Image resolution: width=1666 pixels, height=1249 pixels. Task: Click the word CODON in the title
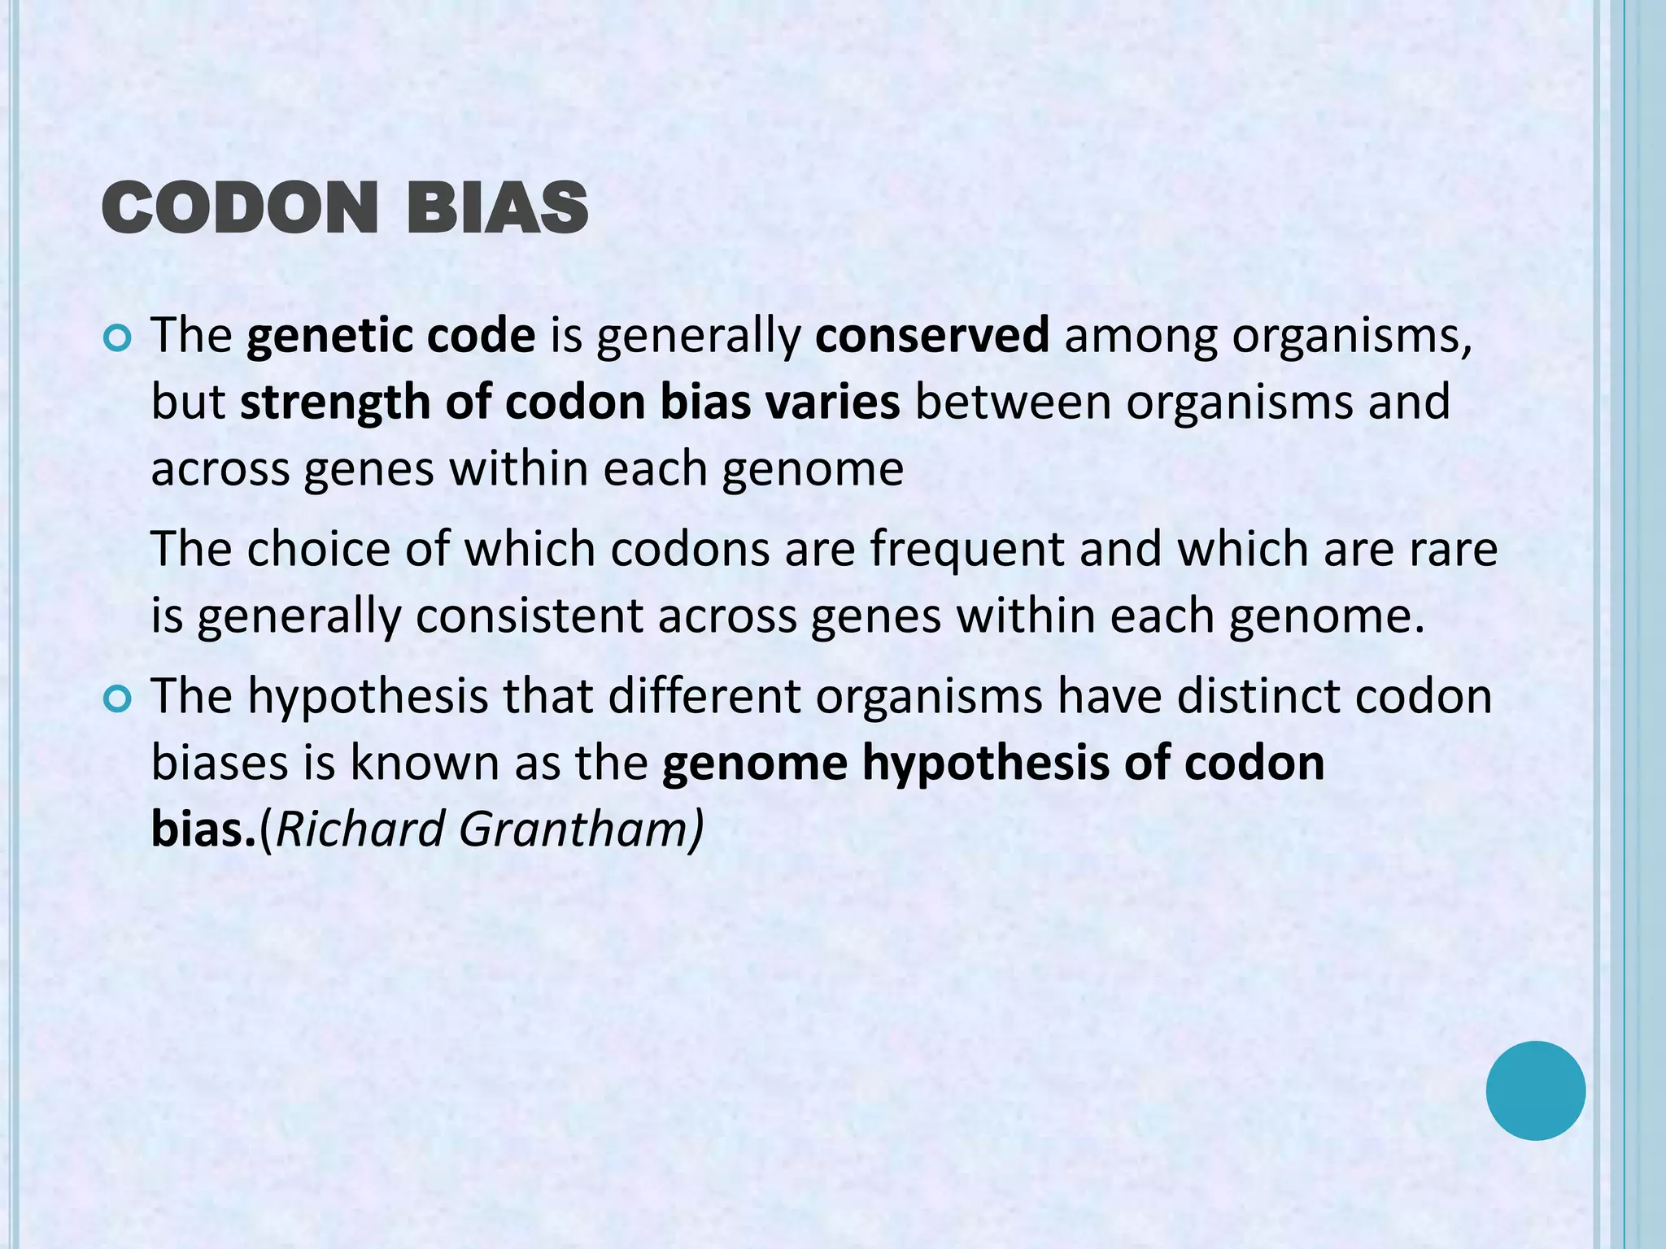tap(240, 208)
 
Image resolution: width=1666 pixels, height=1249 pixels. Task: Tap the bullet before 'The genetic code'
tap(118, 338)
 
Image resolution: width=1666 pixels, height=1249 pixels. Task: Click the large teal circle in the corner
tap(1535, 1090)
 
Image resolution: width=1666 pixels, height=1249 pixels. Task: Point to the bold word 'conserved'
tap(932, 335)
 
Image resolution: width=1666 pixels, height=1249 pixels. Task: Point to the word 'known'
tap(424, 763)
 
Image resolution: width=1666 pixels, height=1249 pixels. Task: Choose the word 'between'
tap(1013, 402)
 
